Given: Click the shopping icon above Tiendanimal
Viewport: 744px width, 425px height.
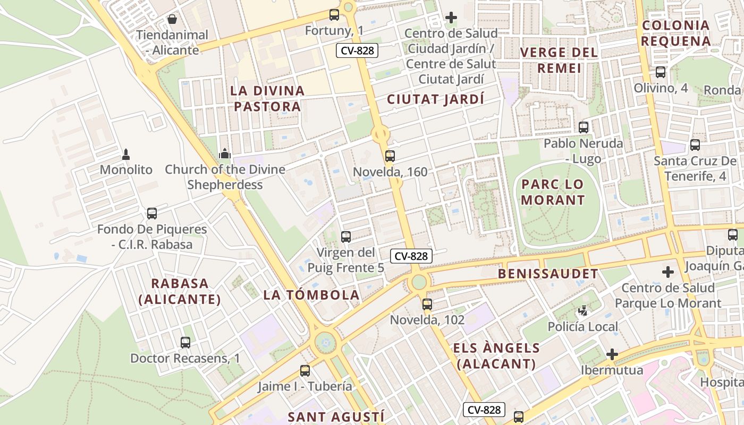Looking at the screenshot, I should tap(172, 20).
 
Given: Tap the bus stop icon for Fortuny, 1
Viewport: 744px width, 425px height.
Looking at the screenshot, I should tap(334, 15).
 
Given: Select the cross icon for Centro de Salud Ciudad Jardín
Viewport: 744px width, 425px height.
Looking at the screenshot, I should tap(451, 18).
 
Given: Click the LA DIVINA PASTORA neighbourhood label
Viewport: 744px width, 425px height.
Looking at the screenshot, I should tap(267, 98).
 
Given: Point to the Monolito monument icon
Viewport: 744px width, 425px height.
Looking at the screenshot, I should tap(126, 155).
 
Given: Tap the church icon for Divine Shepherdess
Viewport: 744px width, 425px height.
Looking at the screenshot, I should tap(225, 154).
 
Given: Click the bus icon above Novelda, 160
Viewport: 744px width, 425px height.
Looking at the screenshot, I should tap(390, 156).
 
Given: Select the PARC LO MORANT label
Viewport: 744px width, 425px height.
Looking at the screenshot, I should tap(553, 192).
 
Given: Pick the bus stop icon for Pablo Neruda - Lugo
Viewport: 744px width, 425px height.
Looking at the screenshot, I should tap(584, 127).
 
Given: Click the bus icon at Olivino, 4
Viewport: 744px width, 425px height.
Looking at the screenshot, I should tap(661, 72).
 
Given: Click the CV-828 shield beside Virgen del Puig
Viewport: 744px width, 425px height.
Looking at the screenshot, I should tap(411, 256).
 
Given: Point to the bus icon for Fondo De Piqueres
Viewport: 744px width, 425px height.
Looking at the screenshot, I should tap(152, 214).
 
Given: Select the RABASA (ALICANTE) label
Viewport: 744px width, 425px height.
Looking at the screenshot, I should tap(180, 291).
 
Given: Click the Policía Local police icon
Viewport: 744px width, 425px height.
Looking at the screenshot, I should tap(584, 311).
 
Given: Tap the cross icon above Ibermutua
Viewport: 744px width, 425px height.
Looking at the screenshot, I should tap(612, 354).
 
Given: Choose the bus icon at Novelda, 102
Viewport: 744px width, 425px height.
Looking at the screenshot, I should tap(427, 304).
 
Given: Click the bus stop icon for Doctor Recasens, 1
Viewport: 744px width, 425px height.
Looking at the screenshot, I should tap(185, 343).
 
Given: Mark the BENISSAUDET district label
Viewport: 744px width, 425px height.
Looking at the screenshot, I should tap(548, 274).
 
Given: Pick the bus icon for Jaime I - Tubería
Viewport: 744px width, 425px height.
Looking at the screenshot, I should tap(305, 371).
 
